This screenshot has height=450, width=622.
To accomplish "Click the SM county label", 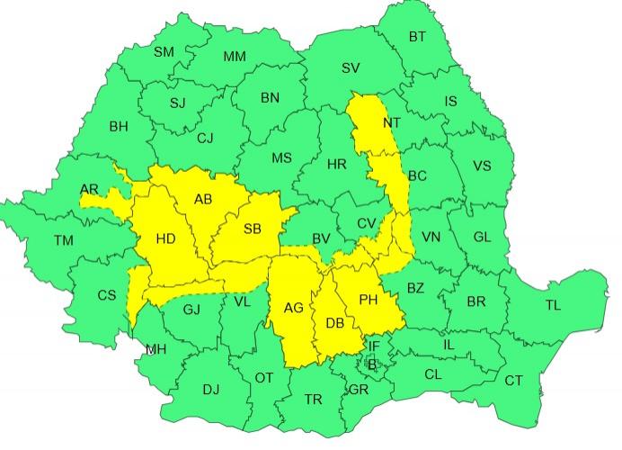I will (x=164, y=52).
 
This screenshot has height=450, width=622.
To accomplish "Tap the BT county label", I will (x=418, y=37).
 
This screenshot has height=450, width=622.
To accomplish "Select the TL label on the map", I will (x=552, y=305).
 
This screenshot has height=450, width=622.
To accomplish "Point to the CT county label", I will (x=513, y=381).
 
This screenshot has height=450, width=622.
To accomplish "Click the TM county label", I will (x=64, y=240).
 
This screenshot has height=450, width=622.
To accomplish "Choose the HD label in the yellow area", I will (x=165, y=239).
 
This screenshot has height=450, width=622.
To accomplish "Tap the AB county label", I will (x=202, y=200).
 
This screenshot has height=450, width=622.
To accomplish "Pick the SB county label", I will (x=252, y=229).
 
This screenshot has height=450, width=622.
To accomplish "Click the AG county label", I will (x=293, y=308).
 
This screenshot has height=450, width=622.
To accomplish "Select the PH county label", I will (x=369, y=300).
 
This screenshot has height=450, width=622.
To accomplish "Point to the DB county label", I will (x=334, y=324).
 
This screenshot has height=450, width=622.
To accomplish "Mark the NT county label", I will (x=392, y=122).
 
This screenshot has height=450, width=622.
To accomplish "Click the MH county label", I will (x=155, y=349).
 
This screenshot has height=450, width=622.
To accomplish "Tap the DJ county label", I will (x=210, y=390).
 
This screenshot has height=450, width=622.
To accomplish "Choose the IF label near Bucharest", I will (x=375, y=345).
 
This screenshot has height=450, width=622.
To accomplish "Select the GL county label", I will (x=483, y=237).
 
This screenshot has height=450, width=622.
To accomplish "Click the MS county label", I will (x=281, y=158).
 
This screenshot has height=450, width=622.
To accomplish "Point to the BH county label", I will (x=119, y=127).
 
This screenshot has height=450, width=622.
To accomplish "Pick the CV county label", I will (x=366, y=223).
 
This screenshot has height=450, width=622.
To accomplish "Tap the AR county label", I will (x=89, y=189).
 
